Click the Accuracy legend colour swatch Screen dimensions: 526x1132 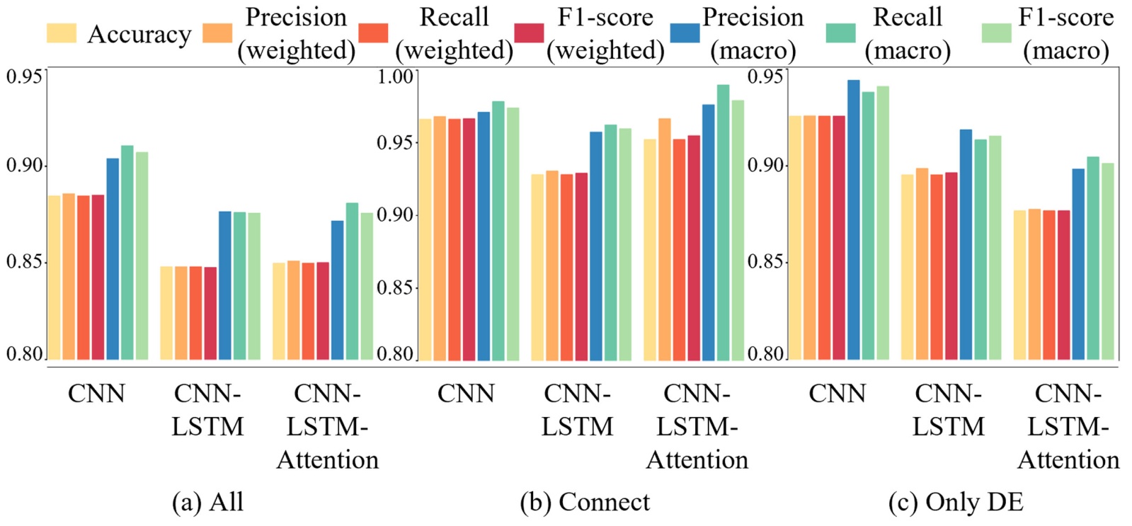(x=61, y=33)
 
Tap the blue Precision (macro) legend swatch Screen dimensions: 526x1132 (x=685, y=33)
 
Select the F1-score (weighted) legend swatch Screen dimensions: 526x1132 (x=530, y=33)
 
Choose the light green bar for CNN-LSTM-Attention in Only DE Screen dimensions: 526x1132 (x=1107, y=261)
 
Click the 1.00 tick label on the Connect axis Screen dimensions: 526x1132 (x=394, y=76)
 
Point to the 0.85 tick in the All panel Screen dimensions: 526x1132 (x=24, y=262)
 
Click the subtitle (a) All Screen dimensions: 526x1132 (x=207, y=502)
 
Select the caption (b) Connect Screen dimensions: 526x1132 (x=585, y=502)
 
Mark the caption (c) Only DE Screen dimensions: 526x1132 (x=956, y=502)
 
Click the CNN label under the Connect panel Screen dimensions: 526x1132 (x=465, y=393)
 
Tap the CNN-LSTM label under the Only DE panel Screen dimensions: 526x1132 (x=948, y=410)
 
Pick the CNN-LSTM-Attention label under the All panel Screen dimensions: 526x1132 (x=327, y=426)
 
